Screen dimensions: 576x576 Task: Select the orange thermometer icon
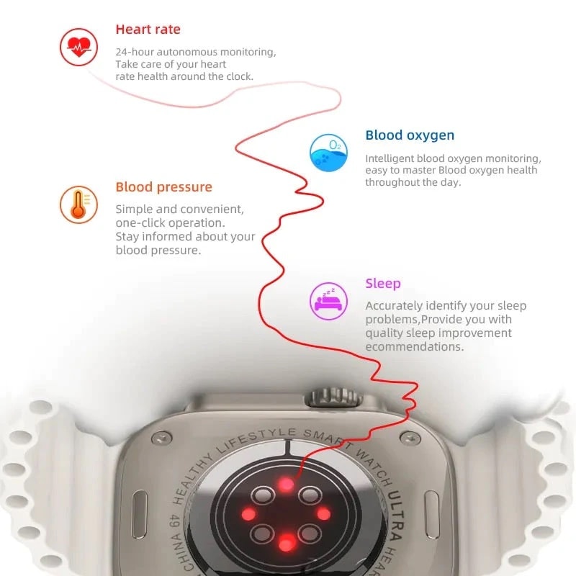(x=78, y=204)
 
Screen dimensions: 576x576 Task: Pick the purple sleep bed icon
(x=328, y=300)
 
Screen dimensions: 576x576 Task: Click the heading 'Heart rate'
(x=148, y=30)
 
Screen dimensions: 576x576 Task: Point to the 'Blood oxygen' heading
(x=410, y=135)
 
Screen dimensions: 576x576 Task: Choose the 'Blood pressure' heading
(x=163, y=187)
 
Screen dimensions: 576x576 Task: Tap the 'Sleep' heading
(x=382, y=284)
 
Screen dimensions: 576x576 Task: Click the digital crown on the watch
(x=333, y=397)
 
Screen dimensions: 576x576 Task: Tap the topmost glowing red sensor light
(x=287, y=485)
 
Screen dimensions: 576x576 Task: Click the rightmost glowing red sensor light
(x=323, y=514)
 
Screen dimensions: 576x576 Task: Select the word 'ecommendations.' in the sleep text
(x=414, y=346)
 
